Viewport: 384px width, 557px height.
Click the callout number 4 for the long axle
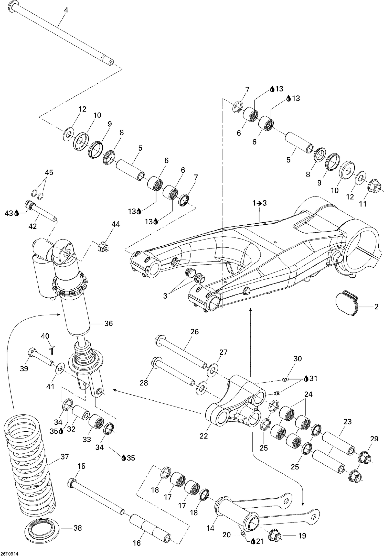coord(66,10)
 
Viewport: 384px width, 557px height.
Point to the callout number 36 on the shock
coord(109,323)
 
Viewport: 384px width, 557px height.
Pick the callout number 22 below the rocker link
coord(204,436)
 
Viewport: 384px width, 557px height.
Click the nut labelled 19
coord(275,535)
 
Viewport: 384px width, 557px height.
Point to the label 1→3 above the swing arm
coord(260,203)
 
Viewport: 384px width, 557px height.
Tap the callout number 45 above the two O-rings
coord(49,172)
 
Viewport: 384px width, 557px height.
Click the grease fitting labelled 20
coord(243,532)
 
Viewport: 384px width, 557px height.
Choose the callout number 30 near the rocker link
coord(297,359)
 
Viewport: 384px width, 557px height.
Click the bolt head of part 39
coord(32,353)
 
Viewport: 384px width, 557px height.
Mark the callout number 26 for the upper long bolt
coord(195,332)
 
